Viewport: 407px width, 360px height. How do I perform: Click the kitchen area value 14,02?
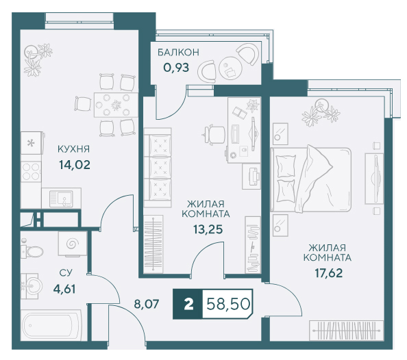coord(75,165)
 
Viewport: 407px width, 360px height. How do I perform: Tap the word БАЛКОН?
coord(179,53)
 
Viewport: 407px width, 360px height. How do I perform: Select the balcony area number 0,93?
coord(176,68)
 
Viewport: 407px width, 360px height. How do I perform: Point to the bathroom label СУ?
coord(66,273)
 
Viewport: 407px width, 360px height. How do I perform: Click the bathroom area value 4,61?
coord(64,289)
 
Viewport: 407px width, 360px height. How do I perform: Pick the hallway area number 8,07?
coord(147,304)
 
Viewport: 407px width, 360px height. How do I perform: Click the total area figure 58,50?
coord(228,304)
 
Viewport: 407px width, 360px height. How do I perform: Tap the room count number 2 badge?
coord(188,304)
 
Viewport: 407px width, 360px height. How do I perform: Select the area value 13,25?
coord(208,229)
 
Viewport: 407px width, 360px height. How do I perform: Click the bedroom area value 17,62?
coord(329,273)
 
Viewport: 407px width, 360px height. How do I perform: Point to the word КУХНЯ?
coord(74,149)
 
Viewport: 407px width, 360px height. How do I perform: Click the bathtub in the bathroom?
coord(51,325)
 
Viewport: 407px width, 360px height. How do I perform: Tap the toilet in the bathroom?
coord(32,251)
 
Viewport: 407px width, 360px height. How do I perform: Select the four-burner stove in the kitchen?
coord(31,171)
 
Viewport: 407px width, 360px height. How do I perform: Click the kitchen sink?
coord(61,198)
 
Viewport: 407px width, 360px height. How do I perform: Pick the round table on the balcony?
coord(230,68)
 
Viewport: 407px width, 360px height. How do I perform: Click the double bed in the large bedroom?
coord(310,179)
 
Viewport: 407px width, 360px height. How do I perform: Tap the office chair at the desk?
coord(214,134)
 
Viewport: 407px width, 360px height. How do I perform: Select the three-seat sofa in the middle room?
coord(158,168)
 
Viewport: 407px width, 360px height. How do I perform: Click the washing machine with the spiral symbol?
coord(73,244)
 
